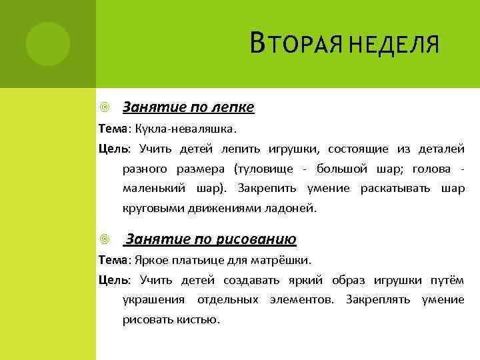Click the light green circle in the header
coord(47,44)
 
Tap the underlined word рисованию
coord(260,239)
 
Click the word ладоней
coord(293,208)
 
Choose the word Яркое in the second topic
coord(150,260)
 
